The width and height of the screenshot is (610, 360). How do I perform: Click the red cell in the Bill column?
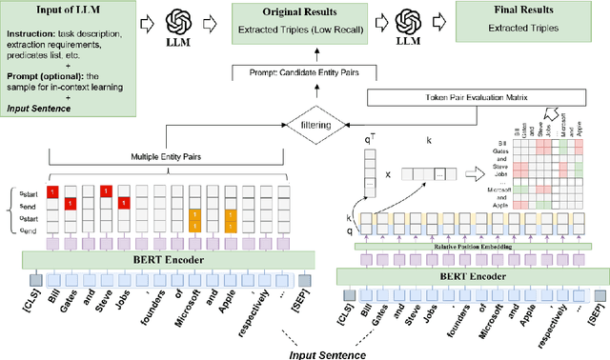pyautogui.click(x=53, y=191)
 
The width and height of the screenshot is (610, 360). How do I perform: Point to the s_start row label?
pyautogui.click(x=19, y=190)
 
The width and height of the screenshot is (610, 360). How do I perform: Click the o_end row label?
pyautogui.click(x=19, y=230)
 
